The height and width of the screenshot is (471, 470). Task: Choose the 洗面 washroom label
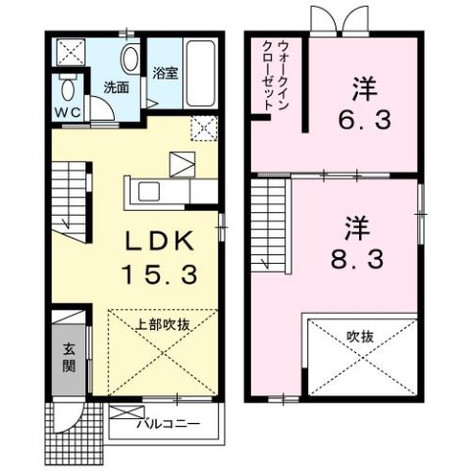point(116,87)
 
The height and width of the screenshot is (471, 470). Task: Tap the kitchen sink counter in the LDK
point(152,188)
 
